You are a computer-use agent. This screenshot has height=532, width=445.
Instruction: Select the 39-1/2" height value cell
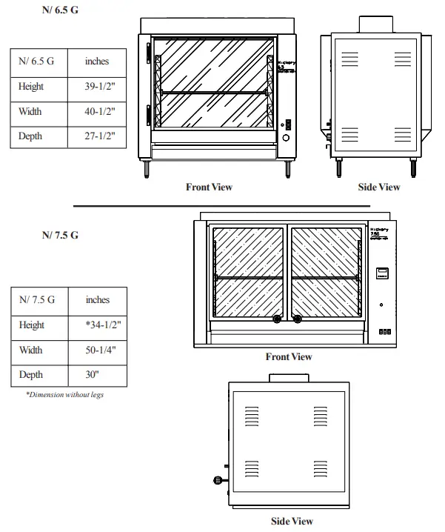tap(97, 87)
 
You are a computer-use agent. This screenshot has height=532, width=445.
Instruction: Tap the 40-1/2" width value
tap(97, 112)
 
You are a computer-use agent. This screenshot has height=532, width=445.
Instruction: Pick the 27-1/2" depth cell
tap(97, 136)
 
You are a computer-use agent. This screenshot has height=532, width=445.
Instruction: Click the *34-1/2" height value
tap(97, 325)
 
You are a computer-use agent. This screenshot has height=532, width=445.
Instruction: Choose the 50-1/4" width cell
tap(97, 350)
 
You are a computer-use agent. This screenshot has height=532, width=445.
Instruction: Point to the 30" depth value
tap(97, 375)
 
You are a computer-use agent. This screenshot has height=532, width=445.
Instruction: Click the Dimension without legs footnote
tap(64, 395)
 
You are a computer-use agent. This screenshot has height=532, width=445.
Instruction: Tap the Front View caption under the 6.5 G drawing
tap(209, 187)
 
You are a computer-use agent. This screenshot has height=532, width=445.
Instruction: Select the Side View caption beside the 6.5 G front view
tap(379, 187)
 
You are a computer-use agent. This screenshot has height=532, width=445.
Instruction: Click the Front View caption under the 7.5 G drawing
tap(289, 357)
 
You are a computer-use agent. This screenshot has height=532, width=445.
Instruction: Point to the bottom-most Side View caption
tap(292, 521)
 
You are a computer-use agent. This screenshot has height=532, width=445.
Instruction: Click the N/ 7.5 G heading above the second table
tap(60, 236)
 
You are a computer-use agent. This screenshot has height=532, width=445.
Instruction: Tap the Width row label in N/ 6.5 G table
tap(30, 112)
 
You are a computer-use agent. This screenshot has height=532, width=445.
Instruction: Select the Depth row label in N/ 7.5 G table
tap(31, 375)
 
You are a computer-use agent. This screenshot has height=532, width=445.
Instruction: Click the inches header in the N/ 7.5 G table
tap(97, 300)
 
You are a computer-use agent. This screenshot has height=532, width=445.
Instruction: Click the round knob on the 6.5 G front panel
tap(287, 138)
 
